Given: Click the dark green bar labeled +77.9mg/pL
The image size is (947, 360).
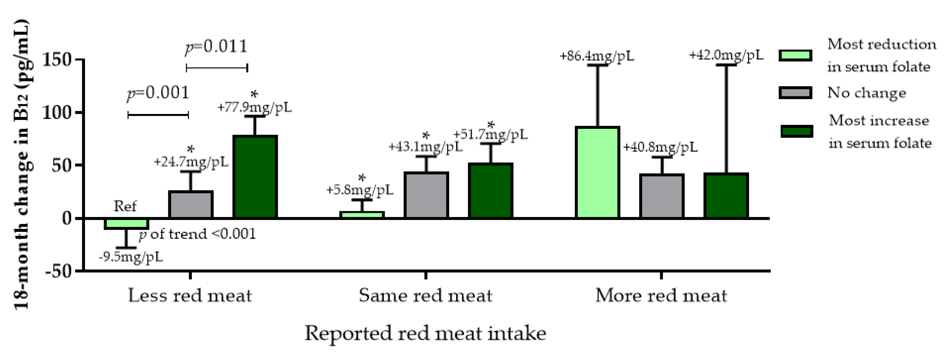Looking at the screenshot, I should click(255, 177).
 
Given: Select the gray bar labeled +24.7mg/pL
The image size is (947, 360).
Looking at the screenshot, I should click(191, 204).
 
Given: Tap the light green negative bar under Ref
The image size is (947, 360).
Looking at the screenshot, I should click(126, 224).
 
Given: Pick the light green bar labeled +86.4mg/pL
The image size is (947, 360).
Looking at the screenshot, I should click(597, 172).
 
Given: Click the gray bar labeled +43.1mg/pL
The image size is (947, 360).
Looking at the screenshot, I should click(426, 195).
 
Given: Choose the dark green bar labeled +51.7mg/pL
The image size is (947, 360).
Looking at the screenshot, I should click(490, 190).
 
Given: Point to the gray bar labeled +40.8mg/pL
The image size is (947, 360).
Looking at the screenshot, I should click(662, 196).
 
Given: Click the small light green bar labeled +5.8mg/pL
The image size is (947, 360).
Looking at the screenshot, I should click(362, 215).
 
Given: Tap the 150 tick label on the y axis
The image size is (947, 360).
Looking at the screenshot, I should click(57, 60).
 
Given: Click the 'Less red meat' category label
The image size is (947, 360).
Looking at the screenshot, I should click(190, 296).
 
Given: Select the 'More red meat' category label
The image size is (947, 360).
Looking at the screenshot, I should click(661, 296).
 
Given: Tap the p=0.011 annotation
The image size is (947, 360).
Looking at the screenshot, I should click(216, 47).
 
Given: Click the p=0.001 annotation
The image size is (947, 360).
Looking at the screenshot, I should click(158, 93).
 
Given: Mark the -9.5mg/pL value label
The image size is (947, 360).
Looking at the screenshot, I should click(131, 257).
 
